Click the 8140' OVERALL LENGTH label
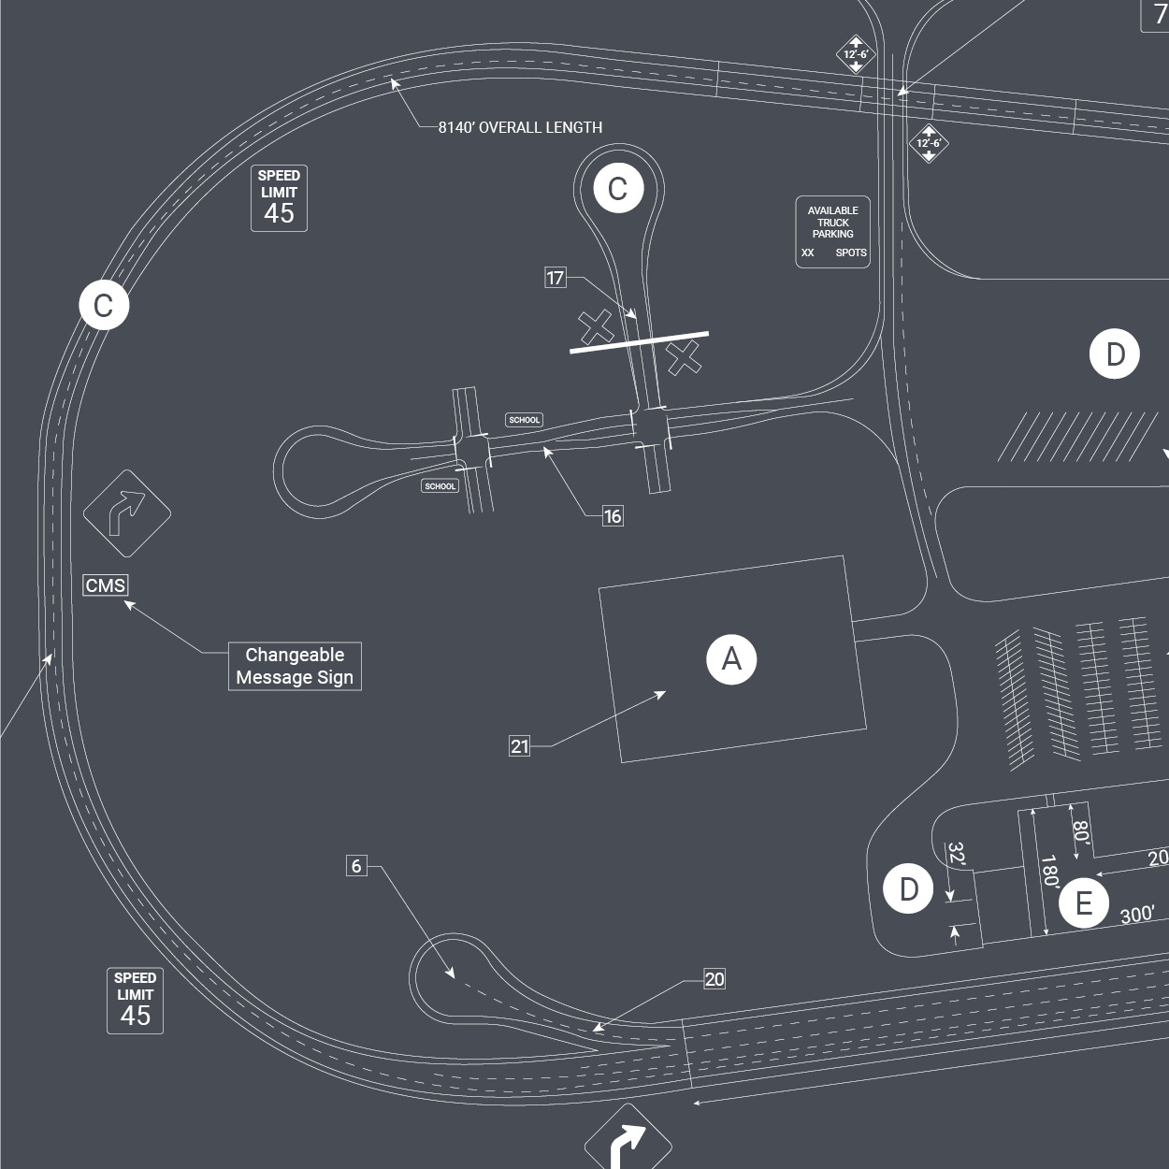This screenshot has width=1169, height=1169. [x=520, y=127]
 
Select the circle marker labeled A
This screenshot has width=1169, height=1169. [x=731, y=659]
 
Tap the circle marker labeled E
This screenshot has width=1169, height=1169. [x=1083, y=903]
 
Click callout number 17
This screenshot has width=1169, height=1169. [x=556, y=278]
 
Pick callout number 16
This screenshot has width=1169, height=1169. [x=613, y=516]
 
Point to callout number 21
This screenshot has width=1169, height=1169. [x=520, y=746]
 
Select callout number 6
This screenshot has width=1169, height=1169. [x=356, y=866]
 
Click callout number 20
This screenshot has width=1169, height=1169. [x=714, y=979]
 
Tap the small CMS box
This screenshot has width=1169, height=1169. [x=105, y=585]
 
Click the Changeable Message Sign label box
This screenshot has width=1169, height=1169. [x=295, y=666]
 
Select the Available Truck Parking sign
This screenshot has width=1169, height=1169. [x=832, y=231]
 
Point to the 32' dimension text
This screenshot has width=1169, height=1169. [x=956, y=855]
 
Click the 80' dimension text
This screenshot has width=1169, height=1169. [x=1080, y=831]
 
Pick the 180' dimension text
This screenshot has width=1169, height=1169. [x=1049, y=871]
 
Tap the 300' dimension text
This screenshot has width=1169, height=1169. [x=1137, y=915]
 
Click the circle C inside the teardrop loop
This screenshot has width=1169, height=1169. [x=617, y=189]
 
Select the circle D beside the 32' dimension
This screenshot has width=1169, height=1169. [x=908, y=889]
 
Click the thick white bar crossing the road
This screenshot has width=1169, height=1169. [x=640, y=342]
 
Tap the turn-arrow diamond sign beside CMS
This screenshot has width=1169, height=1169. [x=127, y=513]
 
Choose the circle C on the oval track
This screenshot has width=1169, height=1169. [x=103, y=305]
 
